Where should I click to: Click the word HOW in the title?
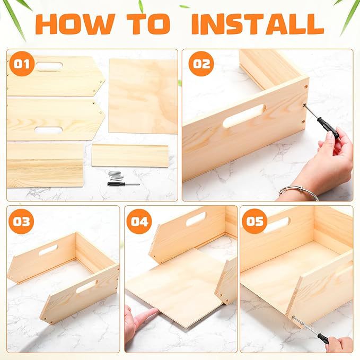[75, 24]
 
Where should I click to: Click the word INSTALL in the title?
[258, 24]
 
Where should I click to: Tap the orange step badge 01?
[22, 64]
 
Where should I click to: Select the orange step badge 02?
[201, 64]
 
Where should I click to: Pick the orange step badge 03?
[21, 221]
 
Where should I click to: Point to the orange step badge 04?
[139, 221]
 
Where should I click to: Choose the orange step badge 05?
[254, 221]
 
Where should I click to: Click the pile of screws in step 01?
[116, 175]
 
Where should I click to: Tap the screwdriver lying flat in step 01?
[124, 183]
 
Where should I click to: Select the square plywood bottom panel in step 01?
[143, 96]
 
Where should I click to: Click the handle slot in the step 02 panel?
[244, 116]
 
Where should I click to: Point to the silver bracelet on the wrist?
[299, 191]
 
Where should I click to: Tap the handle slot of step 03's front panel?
[87, 286]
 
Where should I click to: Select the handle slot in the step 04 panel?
[196, 219]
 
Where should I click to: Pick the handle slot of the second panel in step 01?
[48, 130]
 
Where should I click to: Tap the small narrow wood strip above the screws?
[130, 155]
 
